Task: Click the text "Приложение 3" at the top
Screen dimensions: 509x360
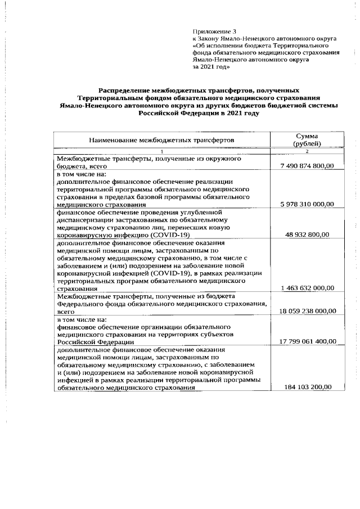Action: (x=211, y=31)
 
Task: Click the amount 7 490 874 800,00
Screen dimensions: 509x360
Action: (x=307, y=165)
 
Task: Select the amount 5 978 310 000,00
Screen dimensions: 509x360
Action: (x=307, y=204)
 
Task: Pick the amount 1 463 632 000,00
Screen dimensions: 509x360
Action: (x=307, y=287)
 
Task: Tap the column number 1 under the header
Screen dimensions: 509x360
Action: (x=161, y=152)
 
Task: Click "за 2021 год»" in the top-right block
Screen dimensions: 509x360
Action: (x=211, y=66)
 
